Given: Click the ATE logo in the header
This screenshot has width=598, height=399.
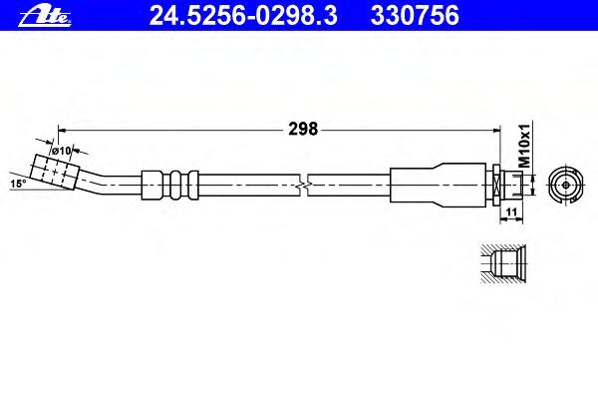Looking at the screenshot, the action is [x=45, y=17].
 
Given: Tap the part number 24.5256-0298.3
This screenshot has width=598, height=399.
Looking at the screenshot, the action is [x=243, y=16].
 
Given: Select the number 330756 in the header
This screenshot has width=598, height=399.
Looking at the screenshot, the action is [x=415, y=16].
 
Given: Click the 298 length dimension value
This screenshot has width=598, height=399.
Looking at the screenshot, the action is [x=303, y=129].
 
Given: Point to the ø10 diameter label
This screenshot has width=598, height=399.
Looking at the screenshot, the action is [x=62, y=151].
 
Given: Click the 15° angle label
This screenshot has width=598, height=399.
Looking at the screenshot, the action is [x=18, y=184].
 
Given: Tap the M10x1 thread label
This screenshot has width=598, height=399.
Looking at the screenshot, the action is [x=525, y=146].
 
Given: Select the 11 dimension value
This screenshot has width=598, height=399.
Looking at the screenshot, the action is [x=512, y=211].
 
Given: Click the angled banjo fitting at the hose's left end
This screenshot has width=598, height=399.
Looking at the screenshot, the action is [x=54, y=172].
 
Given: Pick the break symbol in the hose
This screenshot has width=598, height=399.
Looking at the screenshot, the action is [x=303, y=186].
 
